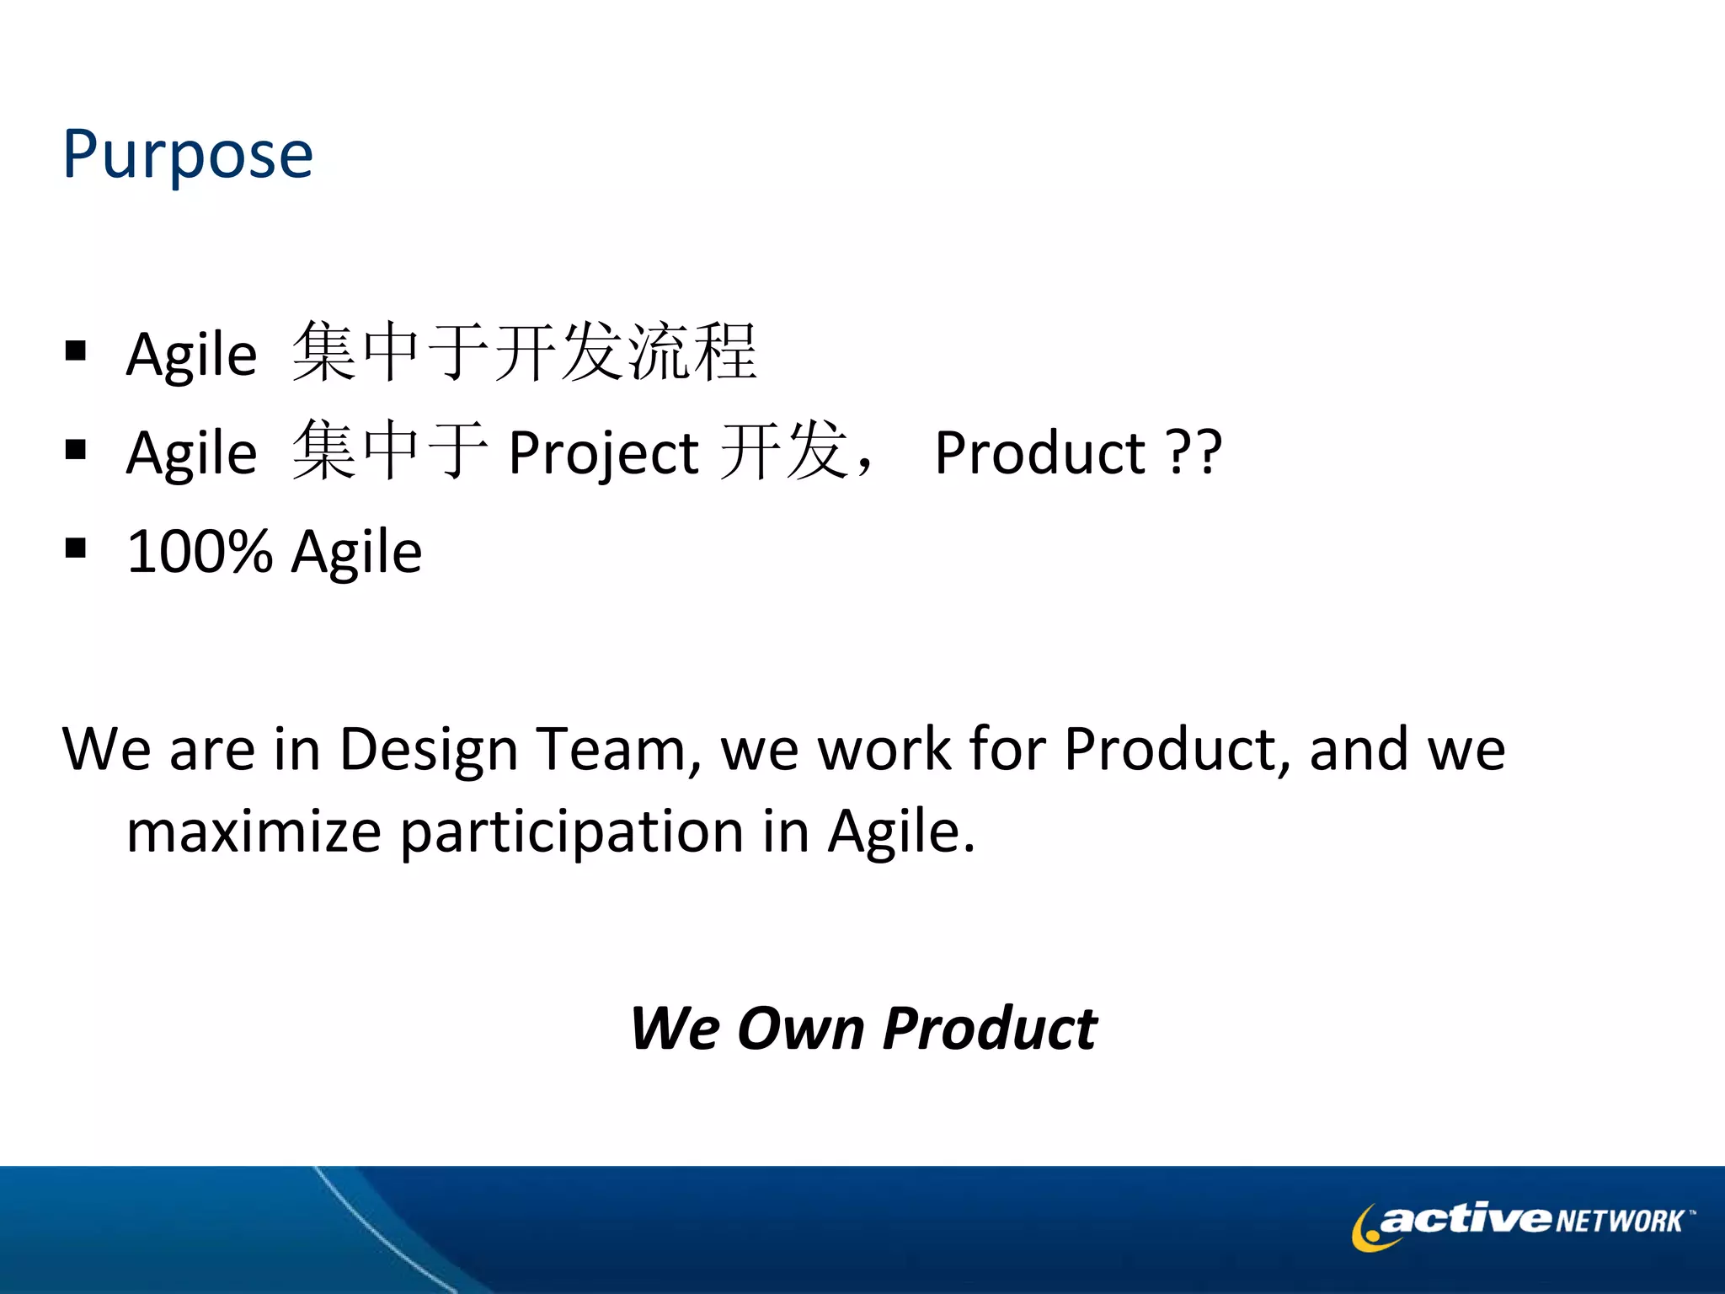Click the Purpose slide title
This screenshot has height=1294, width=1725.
click(x=188, y=155)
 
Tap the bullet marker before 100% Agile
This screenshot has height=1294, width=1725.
click(x=76, y=548)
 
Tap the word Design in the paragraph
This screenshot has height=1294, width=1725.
click(x=428, y=749)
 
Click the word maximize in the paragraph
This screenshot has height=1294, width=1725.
click(x=254, y=831)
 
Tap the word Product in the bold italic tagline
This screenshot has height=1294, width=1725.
click(x=990, y=1029)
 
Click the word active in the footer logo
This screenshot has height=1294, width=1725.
click(x=1466, y=1219)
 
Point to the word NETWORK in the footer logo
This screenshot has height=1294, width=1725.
click(x=1619, y=1222)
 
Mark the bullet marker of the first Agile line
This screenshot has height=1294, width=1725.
click(x=76, y=350)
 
